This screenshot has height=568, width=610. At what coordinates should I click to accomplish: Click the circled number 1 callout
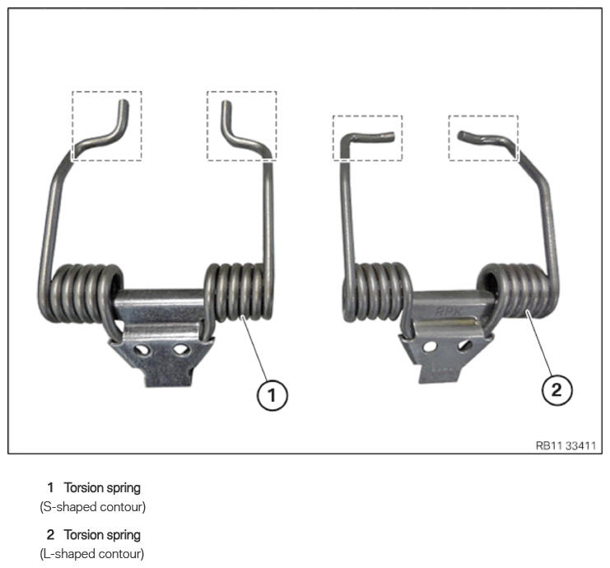coord(272,395)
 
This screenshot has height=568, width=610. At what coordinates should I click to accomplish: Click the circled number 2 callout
coord(557,389)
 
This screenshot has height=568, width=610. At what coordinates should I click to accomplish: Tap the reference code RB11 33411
coord(566,445)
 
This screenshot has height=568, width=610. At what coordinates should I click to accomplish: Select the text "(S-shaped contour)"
coord(92,507)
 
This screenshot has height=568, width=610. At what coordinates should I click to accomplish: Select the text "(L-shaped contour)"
coord(92,554)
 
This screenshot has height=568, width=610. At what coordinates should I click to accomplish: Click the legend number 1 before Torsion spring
coord(50,488)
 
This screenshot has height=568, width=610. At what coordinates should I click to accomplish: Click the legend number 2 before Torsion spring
coord(50,534)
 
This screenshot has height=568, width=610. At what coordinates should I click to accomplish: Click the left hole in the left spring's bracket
coord(142,350)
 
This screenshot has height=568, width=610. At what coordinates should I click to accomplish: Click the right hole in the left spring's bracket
coord(180,350)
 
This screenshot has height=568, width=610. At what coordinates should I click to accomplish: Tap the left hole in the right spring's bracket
coord(430,347)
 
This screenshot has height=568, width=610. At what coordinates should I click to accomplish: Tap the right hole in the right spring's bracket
coord(465,345)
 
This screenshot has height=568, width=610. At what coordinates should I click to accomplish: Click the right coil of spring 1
coord(239,293)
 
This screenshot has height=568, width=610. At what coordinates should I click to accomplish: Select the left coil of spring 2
coord(376,291)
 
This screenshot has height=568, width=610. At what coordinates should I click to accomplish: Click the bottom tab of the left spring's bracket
coord(169,376)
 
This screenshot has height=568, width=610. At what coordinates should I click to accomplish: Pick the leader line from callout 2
coord(538,342)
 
